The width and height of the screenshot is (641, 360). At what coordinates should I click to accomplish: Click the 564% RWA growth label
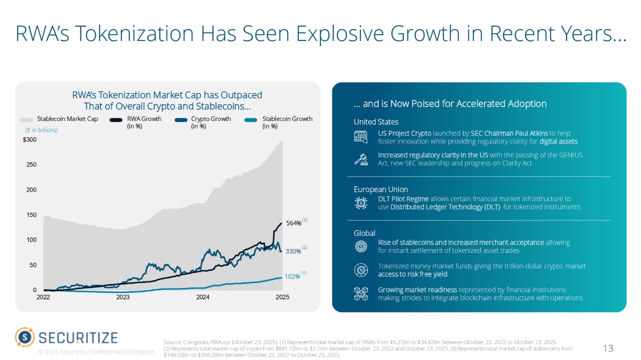click(x=294, y=223)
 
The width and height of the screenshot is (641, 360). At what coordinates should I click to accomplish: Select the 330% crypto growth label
click(x=293, y=252)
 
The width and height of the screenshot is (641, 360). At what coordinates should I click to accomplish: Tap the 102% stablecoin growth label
click(x=292, y=277)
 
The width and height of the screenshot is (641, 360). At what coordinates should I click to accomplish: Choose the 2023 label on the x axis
click(x=123, y=297)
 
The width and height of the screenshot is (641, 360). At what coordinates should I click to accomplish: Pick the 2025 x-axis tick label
click(x=282, y=297)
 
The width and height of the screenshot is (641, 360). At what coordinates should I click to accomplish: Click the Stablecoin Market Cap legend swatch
click(x=26, y=119)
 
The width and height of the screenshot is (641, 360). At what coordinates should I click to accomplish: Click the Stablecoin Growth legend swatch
click(x=251, y=119)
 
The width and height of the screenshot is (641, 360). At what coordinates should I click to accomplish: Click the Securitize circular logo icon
click(x=25, y=337)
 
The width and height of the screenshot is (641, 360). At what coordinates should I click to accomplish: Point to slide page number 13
click(x=608, y=349)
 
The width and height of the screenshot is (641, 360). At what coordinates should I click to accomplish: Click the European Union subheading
click(x=381, y=189)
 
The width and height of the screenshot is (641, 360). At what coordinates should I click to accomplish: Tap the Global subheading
click(x=364, y=233)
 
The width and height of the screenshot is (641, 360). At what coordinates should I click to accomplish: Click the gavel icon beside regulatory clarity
click(x=361, y=159)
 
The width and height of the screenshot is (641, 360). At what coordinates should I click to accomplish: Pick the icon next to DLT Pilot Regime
click(x=361, y=203)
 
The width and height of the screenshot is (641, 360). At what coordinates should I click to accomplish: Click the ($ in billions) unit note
click(x=41, y=130)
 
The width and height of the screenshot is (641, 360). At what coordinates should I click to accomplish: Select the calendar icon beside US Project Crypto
click(x=361, y=137)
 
